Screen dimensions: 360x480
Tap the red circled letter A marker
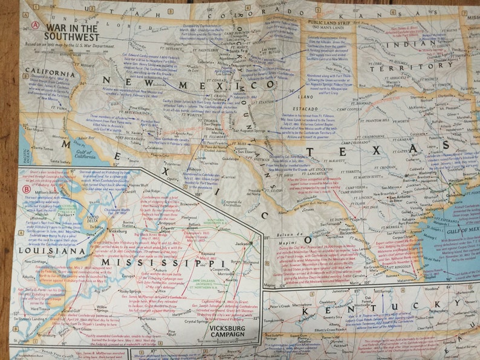pos(36,25)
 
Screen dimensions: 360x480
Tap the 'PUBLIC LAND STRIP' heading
pos(329,22)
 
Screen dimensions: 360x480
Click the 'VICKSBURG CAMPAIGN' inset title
pos(232,331)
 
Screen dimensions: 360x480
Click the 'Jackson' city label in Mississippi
pos(242,243)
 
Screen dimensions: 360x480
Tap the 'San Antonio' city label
pos(400,198)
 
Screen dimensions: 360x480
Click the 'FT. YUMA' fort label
pos(41,107)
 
